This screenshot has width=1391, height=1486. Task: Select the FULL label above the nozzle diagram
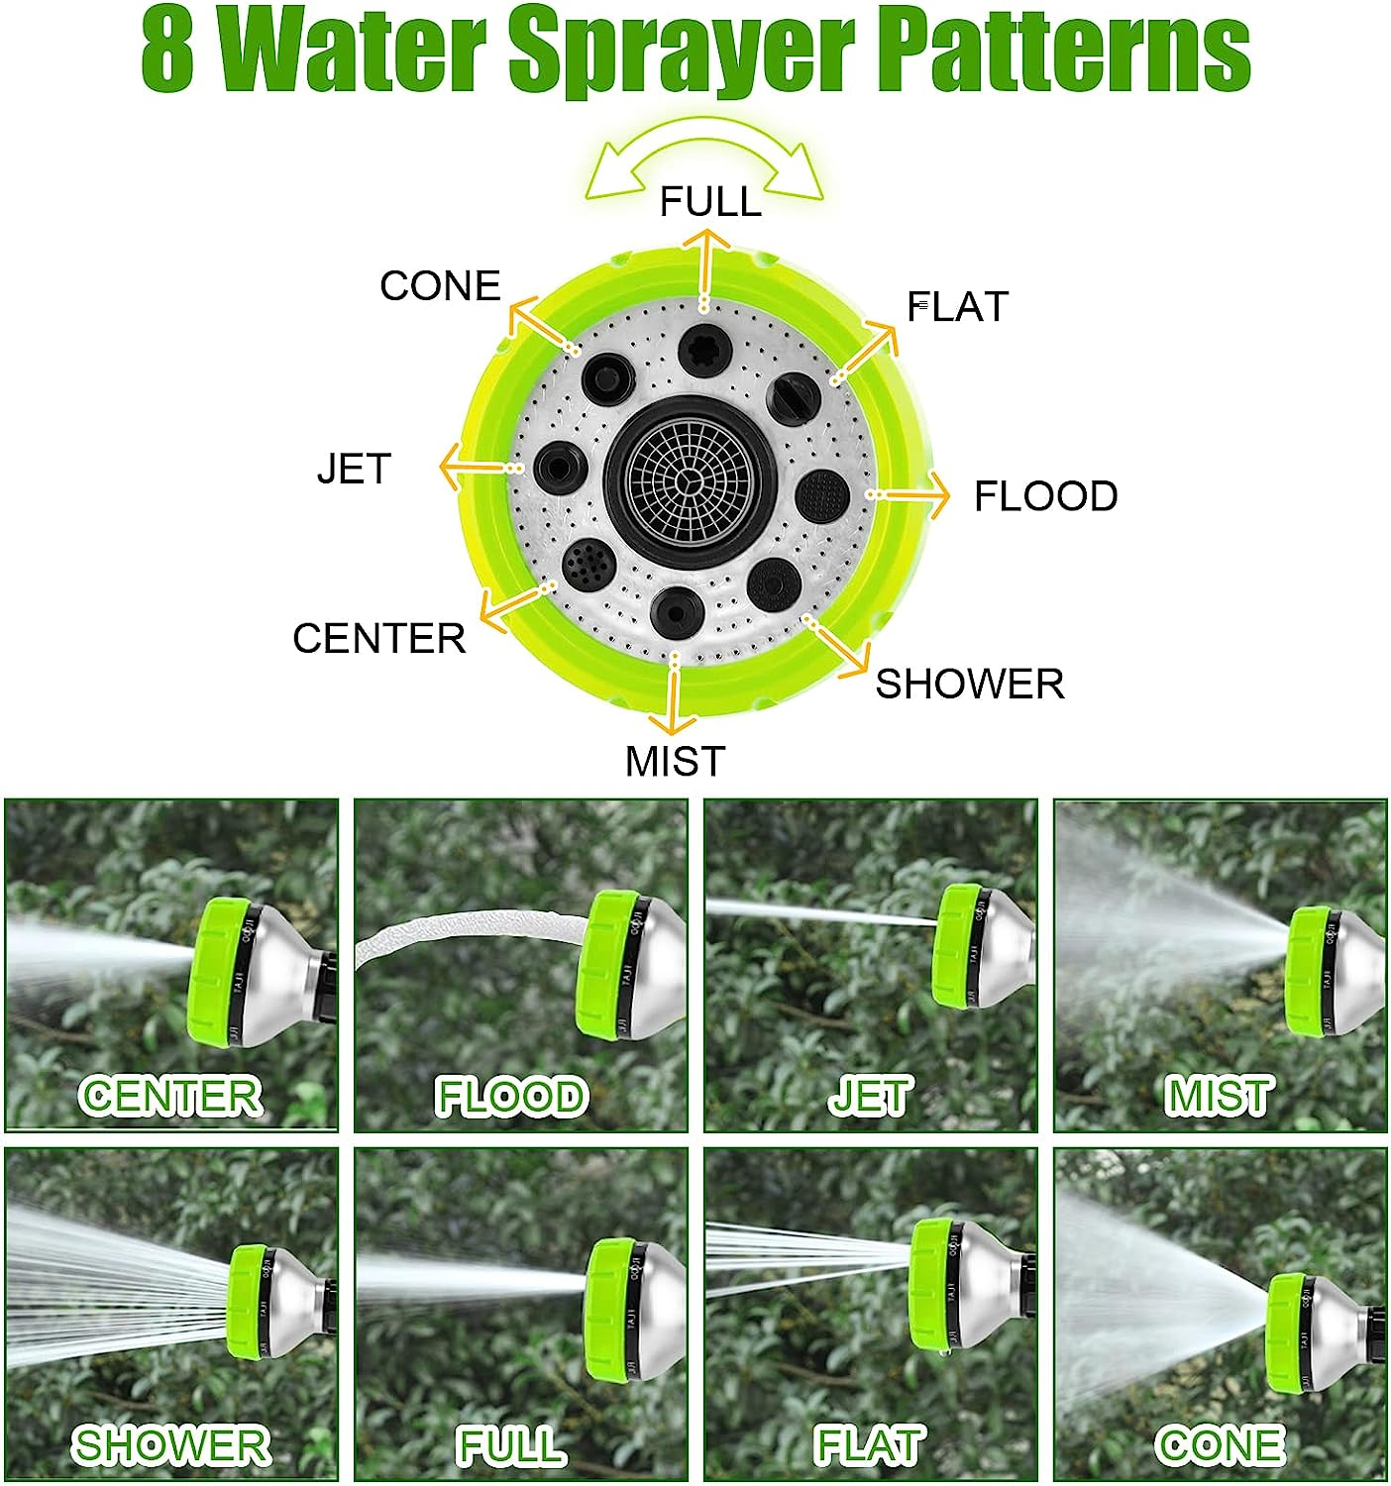point(710,202)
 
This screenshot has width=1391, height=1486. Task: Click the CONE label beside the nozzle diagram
point(440,286)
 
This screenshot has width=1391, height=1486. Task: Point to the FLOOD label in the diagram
point(1045,496)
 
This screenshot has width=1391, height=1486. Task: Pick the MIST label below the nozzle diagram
point(675,761)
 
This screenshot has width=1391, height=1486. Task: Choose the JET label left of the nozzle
point(354,469)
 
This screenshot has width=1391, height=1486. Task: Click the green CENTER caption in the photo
point(170,1096)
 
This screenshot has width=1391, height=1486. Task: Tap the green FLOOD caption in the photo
point(511,1097)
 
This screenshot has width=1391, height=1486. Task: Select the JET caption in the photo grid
point(869,1097)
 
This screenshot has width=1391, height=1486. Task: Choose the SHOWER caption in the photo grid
point(170,1446)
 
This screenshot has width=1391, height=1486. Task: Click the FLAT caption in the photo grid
point(868,1446)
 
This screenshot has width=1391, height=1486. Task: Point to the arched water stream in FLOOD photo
point(466,927)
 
